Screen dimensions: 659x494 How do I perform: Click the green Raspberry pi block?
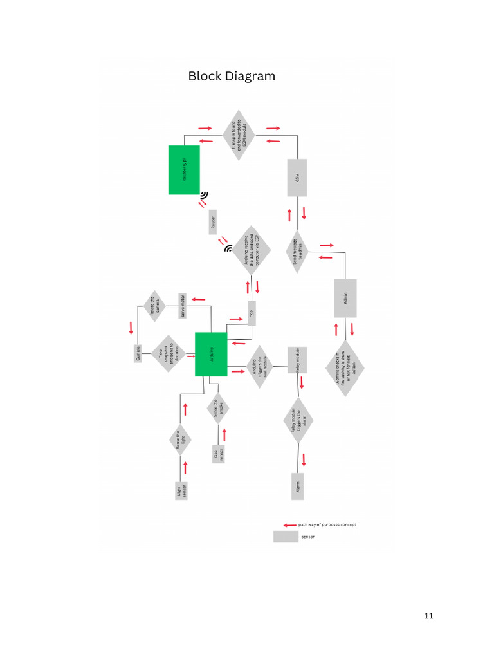(184, 170)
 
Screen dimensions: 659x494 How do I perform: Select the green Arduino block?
(211, 354)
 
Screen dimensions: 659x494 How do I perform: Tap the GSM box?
(297, 178)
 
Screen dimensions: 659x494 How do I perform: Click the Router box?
(213, 222)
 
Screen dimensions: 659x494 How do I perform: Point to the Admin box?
(345, 298)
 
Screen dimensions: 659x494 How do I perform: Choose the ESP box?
(252, 313)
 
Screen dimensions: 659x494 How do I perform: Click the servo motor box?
(183, 306)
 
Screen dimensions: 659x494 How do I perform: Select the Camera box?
(138, 353)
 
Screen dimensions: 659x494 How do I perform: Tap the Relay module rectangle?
(297, 360)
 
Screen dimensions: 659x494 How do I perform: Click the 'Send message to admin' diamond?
(297, 253)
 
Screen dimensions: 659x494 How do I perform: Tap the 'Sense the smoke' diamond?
(219, 409)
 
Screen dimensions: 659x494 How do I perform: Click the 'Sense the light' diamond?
(182, 441)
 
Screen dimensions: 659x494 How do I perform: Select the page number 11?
(429, 617)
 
